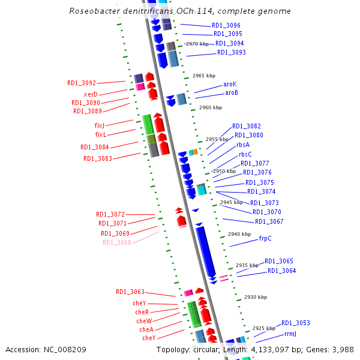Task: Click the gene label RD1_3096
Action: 226,26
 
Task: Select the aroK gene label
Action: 230,85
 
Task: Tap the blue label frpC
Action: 265,238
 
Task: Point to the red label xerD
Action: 91,94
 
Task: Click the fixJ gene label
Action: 100,125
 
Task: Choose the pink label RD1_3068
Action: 116,242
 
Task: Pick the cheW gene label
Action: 144,321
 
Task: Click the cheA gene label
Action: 146,329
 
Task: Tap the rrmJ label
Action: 290,334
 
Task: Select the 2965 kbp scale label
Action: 203,76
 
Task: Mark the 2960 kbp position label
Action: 210,107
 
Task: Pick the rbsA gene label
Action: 243,145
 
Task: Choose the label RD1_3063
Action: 130,292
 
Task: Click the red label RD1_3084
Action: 95,147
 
